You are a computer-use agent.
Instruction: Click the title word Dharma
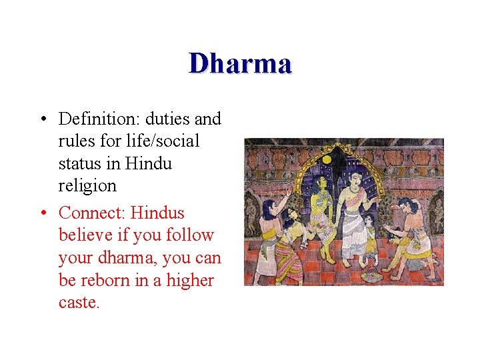coord(240,63)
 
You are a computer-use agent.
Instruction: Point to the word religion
coord(87,185)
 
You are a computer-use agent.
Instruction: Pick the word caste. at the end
coord(79,303)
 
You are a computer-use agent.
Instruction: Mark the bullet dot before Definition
coord(42,119)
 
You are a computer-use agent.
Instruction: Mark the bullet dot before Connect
coord(42,213)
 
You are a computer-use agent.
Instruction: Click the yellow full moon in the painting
coord(327,161)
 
